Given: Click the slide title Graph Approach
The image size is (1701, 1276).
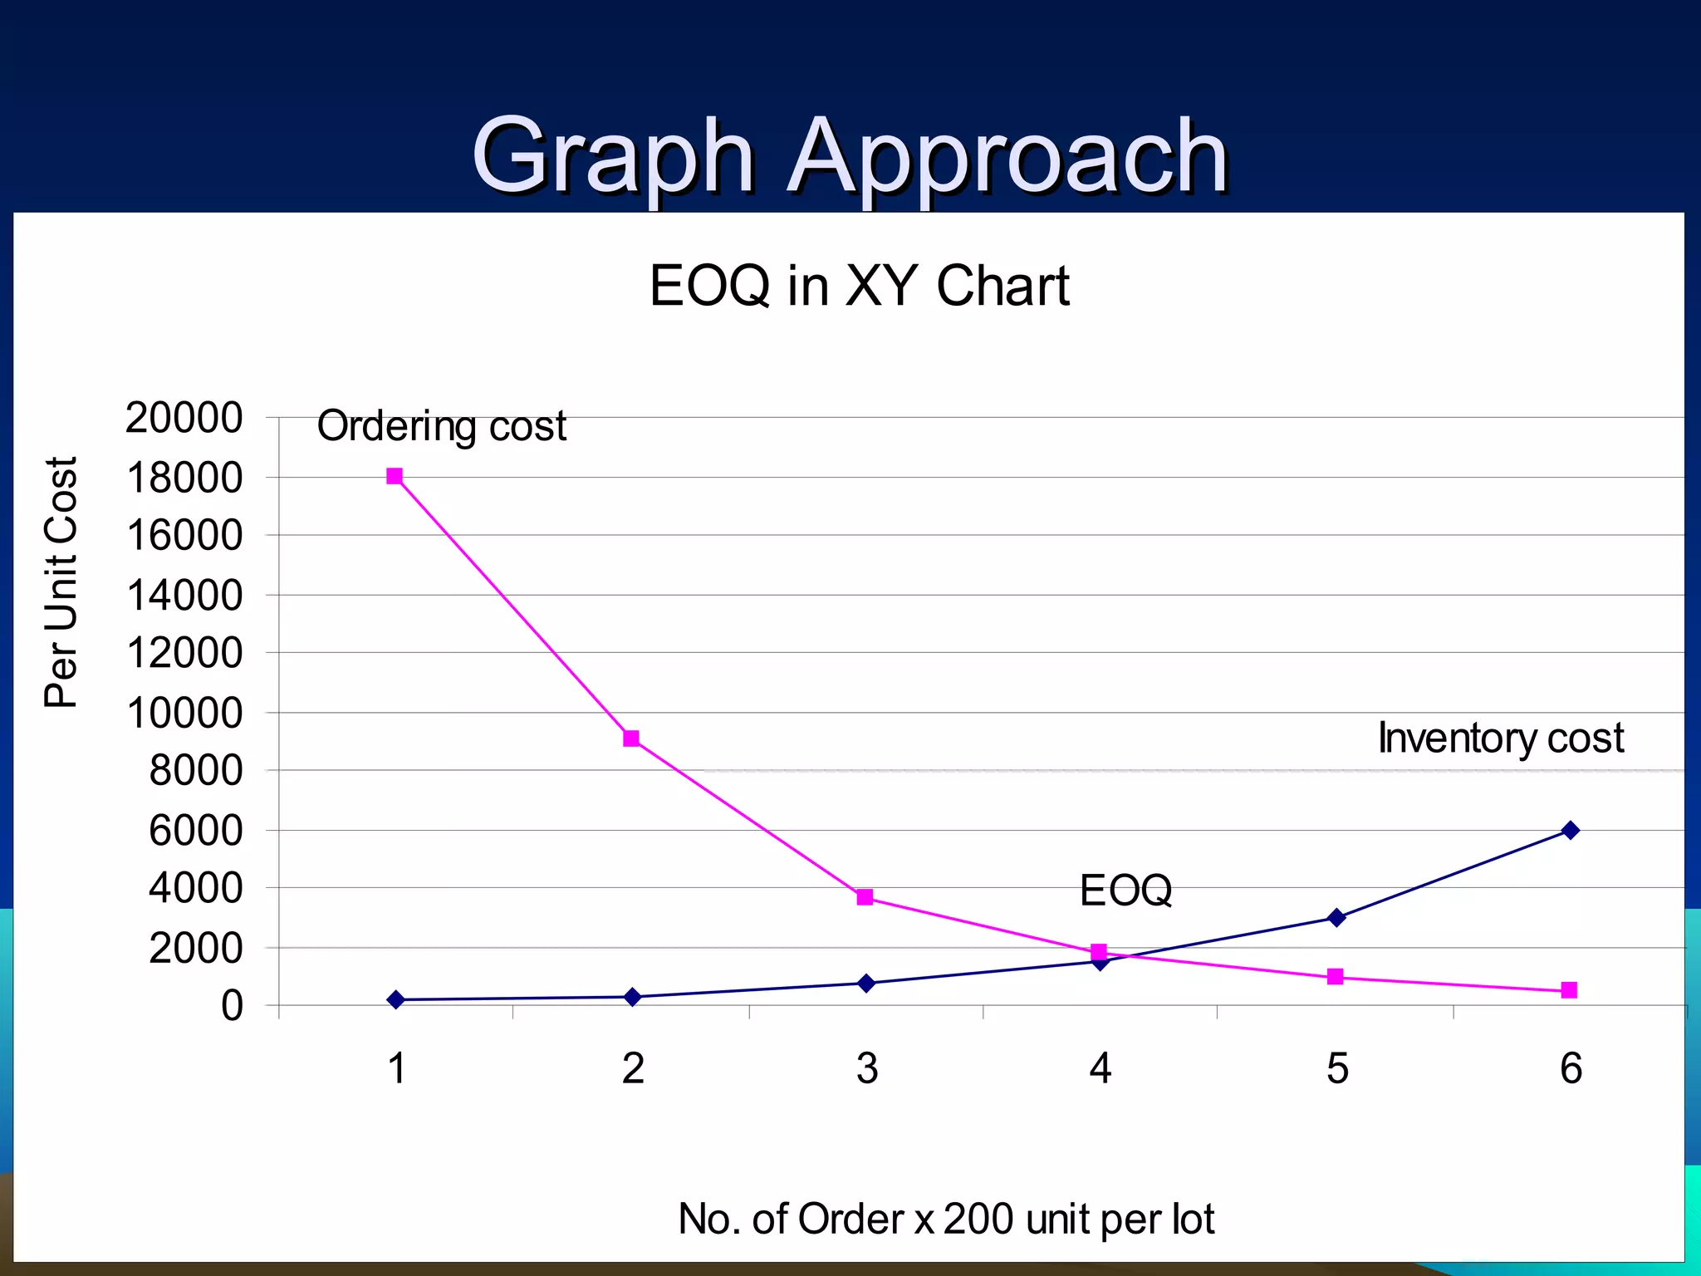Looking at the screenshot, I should pos(850,155).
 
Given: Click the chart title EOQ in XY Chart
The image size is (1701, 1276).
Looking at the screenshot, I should pos(859,286).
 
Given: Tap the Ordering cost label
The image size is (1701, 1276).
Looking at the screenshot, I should pos(441,426).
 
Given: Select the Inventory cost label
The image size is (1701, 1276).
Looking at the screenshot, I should pos(1500,738).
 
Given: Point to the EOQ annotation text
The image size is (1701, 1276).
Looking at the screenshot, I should pos(1125,891).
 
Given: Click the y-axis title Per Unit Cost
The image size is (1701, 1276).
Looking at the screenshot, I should pos(61,582).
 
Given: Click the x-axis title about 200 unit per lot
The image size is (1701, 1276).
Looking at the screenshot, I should pos(946,1219).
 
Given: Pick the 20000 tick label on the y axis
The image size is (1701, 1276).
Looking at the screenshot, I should pos(184,418).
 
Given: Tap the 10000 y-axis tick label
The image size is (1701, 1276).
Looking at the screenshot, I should pos(184,713).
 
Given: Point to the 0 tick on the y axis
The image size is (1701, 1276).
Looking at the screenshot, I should pos(232,1006).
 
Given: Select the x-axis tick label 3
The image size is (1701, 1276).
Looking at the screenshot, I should pos(867,1068).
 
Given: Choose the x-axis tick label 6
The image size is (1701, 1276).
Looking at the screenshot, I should pos(1571,1068).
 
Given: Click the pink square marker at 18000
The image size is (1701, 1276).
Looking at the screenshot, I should pos(395,476).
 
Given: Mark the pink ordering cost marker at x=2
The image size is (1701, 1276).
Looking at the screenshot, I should pos(631,739).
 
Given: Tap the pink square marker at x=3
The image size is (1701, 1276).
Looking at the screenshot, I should pos(865,897).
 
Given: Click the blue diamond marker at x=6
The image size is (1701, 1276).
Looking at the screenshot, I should pos(1570,830).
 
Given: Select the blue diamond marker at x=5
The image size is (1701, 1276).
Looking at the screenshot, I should pos(1336,917).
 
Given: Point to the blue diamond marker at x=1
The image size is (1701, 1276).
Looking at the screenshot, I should pos(396,999).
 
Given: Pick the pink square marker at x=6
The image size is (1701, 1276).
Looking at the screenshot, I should pos(1569,989).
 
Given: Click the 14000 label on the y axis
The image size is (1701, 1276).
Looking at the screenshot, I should pos(184,596).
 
